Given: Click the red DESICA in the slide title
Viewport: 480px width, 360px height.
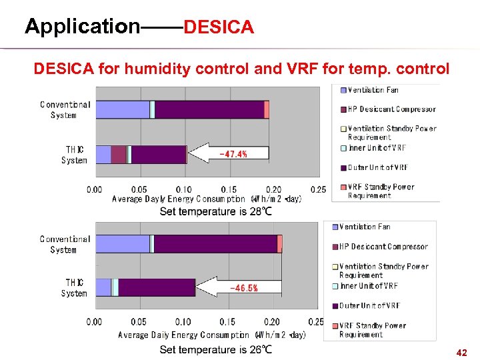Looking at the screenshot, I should (219, 27).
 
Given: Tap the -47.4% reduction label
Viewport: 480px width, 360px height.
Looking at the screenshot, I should (233, 154).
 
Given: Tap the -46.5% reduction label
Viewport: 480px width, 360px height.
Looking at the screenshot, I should (244, 288).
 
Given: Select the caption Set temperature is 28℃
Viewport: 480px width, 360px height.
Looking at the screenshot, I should (215, 211).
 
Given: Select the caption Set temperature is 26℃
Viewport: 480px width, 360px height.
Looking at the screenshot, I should (215, 349).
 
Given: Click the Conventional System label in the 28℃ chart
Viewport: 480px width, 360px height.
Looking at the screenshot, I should (65, 110).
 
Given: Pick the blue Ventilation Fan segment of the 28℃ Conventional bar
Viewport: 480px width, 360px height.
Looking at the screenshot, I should (122, 109).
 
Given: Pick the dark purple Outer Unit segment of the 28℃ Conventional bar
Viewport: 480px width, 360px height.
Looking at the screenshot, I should (209, 109).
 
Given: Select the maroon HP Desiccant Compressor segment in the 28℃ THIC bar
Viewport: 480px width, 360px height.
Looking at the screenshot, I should (119, 155).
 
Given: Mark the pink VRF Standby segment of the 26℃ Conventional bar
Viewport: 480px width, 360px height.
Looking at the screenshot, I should (279, 244).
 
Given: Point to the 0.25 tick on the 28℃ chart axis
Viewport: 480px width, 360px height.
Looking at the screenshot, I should (318, 189).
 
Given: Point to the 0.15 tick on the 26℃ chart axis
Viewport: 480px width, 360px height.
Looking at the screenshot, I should (228, 322).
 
